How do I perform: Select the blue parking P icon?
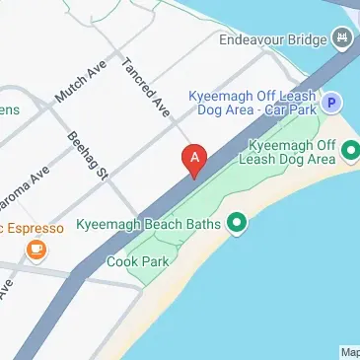(x=333, y=102)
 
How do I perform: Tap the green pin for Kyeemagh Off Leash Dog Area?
(x=351, y=151)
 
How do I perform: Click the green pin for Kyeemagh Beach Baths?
(x=237, y=223)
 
